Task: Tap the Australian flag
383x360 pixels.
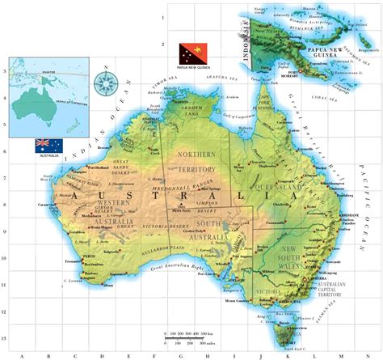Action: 46,145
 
